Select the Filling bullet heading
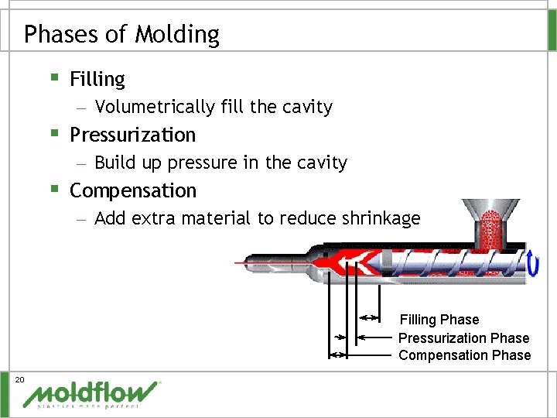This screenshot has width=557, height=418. coord(97,79)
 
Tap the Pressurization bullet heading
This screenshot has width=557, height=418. coord(132,135)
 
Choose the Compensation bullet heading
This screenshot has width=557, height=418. coord(133,190)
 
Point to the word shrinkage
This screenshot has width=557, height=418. coord(384,218)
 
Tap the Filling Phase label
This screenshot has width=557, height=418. coord(439,320)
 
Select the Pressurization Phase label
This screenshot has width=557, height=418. coord(463,337)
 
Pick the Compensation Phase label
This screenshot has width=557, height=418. coord(464,355)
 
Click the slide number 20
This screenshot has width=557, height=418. coord(20,379)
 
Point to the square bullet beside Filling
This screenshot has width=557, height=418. coord(53,77)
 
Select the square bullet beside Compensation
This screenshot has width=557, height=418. coord(53,189)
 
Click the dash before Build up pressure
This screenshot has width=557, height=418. coord(81,164)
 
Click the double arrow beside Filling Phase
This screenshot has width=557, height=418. coord(369,317)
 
